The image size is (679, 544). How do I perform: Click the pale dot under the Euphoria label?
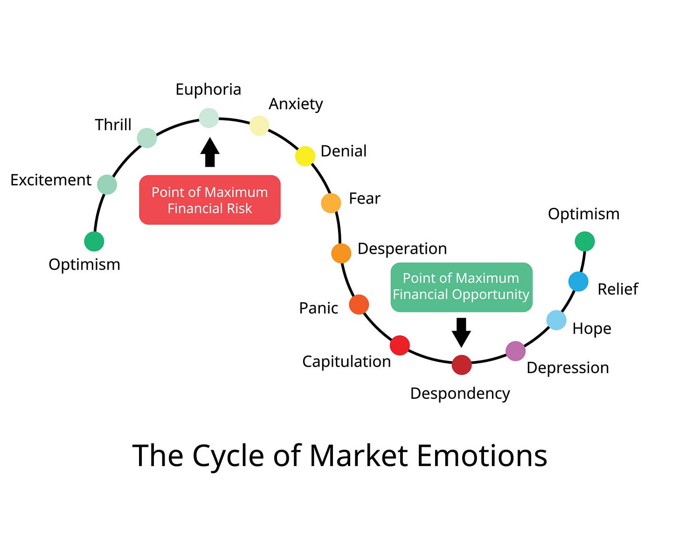click(x=209, y=118)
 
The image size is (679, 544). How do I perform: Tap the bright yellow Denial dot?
click(x=305, y=156)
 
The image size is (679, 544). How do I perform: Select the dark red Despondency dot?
click(x=462, y=365)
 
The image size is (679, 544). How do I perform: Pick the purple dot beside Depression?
click(x=515, y=351)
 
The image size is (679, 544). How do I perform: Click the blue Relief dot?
click(x=578, y=282)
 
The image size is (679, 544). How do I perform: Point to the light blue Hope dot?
click(x=556, y=320)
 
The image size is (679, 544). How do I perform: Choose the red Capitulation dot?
click(x=400, y=345)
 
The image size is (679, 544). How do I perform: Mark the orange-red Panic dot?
click(x=359, y=304)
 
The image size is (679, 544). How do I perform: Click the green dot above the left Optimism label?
click(x=94, y=241)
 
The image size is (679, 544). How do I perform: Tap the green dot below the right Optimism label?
click(x=585, y=241)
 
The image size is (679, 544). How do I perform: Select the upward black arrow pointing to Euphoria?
click(x=210, y=152)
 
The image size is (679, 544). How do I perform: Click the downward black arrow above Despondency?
click(x=461, y=332)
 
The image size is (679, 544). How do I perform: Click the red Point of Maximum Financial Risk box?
click(x=210, y=200)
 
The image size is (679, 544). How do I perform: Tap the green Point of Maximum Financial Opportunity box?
click(x=461, y=287)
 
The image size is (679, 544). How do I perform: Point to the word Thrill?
click(x=113, y=125)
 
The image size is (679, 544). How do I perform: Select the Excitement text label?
click(x=51, y=180)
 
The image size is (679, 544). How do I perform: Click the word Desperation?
click(x=402, y=248)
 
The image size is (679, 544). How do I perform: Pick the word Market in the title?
click(x=359, y=455)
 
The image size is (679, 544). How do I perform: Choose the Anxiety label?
click(x=296, y=104)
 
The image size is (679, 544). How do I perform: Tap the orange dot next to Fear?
click(x=331, y=203)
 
